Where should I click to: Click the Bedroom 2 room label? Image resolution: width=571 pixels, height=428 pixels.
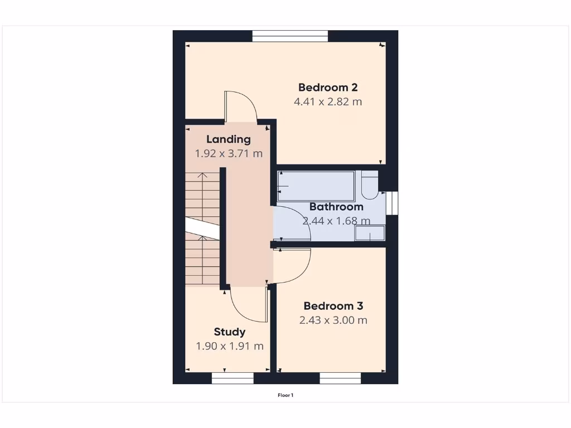point(328,87)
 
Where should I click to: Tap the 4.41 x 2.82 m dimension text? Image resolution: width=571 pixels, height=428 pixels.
point(328,102)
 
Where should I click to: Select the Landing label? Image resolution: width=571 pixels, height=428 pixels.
point(229,139)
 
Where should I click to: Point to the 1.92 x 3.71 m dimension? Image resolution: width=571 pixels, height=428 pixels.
point(229,153)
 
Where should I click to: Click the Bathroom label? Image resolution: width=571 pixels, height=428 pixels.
point(336,207)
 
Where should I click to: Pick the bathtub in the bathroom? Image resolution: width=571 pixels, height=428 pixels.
point(316,186)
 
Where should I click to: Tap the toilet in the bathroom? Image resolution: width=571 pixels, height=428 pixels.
point(369,186)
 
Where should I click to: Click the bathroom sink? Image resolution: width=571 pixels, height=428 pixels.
point(370,234)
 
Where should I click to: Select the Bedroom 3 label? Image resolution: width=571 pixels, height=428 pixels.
point(333,306)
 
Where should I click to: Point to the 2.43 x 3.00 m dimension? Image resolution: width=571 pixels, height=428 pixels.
point(333,320)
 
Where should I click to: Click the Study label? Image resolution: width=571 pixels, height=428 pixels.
point(230,332)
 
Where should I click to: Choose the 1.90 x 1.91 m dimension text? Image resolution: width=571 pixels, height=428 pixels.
point(230,346)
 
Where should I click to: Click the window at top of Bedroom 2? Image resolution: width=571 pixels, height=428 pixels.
point(290,36)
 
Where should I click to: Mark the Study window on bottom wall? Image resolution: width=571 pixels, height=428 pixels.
point(233,378)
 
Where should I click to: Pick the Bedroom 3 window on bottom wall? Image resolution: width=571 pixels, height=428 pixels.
point(340,378)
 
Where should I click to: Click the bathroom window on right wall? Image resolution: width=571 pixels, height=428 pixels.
point(393,203)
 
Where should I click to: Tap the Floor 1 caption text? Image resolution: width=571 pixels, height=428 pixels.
point(285,395)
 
